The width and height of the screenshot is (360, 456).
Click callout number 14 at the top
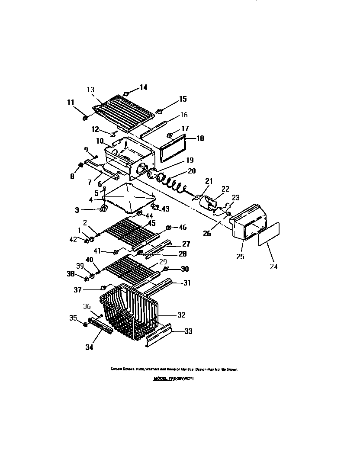click(143, 87)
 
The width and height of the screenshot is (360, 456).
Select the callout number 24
click(273, 267)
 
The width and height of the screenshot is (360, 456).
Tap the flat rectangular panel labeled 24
click(269, 234)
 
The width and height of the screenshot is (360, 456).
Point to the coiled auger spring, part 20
click(171, 182)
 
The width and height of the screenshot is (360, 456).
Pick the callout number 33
click(188, 332)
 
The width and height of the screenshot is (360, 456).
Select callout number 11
click(71, 103)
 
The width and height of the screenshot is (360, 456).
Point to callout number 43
click(166, 209)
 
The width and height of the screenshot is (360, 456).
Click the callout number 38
click(71, 274)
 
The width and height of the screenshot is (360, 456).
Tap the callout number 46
click(183, 227)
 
